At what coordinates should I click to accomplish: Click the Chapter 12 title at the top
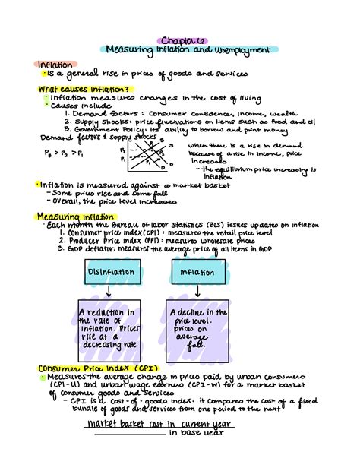tap(179, 40)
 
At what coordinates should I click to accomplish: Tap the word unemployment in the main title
tap(236, 50)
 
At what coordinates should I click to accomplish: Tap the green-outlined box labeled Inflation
tap(197, 273)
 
